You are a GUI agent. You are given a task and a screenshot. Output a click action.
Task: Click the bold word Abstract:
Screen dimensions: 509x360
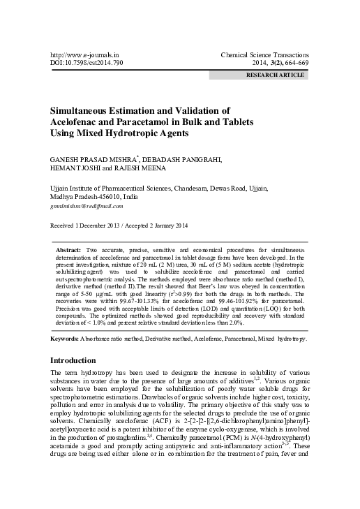pyautogui.click(x=68, y=249)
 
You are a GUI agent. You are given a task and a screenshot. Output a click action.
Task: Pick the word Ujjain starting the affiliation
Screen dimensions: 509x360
pyautogui.click(x=59, y=188)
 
